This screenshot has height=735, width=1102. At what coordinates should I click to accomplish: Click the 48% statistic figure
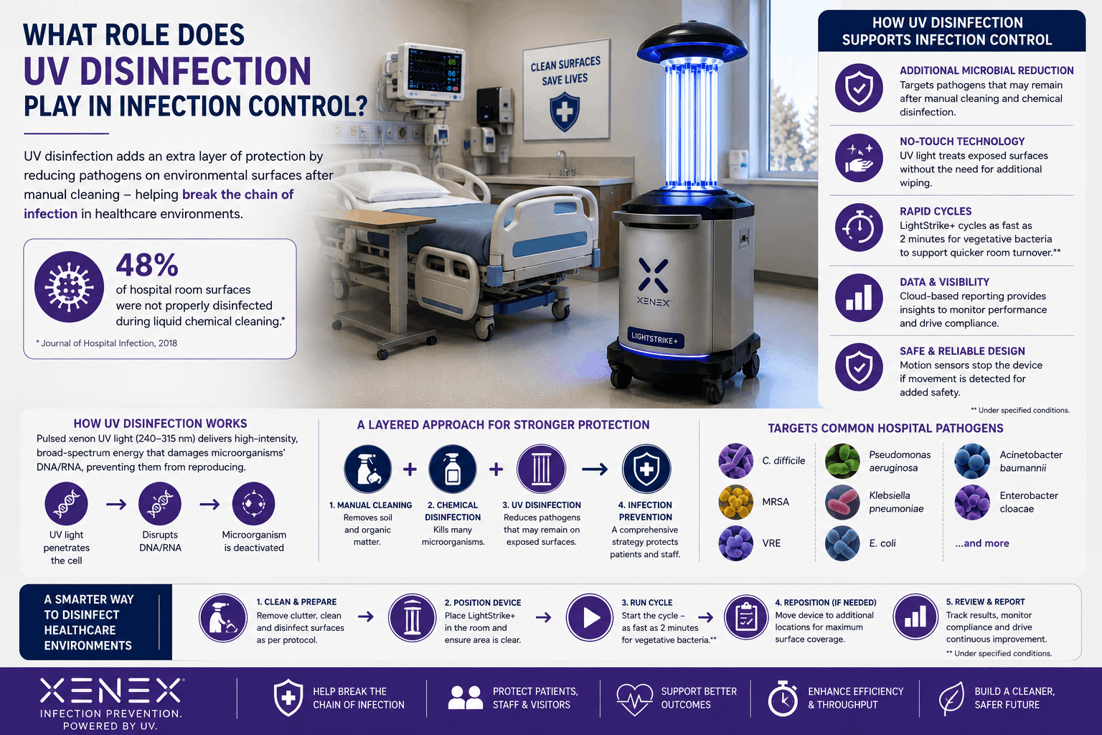(x=147, y=265)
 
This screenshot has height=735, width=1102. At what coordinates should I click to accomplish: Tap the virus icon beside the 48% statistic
(x=69, y=287)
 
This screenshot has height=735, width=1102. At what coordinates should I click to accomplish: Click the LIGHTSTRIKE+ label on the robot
(x=655, y=338)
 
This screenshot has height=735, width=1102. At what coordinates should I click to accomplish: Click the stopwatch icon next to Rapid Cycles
(x=859, y=228)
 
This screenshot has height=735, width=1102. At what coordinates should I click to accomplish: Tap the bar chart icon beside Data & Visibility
(x=859, y=298)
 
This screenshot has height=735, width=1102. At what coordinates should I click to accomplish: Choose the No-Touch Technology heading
(x=962, y=141)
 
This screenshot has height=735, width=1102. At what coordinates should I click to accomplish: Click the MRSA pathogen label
(x=776, y=502)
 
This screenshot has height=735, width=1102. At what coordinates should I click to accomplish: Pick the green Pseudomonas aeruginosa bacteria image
(x=842, y=462)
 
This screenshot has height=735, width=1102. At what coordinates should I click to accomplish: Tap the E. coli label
(x=882, y=543)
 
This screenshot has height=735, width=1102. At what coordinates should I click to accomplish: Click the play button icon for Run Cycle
(x=589, y=617)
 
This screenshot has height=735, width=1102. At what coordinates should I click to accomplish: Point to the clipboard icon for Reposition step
(x=746, y=617)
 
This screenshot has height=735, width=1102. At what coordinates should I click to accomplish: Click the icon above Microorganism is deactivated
(x=254, y=504)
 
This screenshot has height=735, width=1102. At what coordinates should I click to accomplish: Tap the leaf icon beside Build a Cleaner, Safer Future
(x=951, y=698)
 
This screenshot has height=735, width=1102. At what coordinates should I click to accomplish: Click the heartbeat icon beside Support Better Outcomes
(x=635, y=698)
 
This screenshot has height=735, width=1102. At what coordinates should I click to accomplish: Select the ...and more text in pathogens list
(x=982, y=543)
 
